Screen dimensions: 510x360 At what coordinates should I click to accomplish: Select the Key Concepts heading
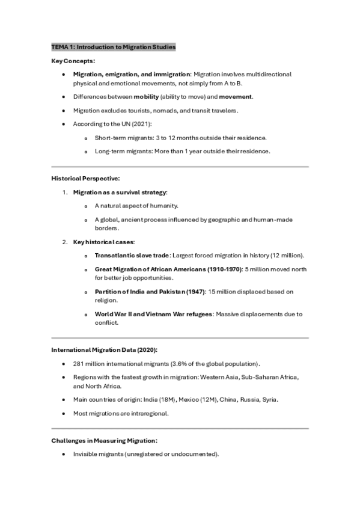[x=73, y=61]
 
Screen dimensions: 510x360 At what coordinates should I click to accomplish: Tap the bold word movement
[x=236, y=96]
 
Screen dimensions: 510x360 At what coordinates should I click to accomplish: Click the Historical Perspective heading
[x=85, y=178]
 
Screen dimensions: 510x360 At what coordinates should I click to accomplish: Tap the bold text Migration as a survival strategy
[x=120, y=192]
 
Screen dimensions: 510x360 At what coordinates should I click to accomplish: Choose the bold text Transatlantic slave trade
[x=132, y=256]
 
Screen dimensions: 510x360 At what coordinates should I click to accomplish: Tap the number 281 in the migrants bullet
[x=79, y=364]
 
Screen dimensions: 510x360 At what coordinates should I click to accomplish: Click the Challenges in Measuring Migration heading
[x=105, y=441]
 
